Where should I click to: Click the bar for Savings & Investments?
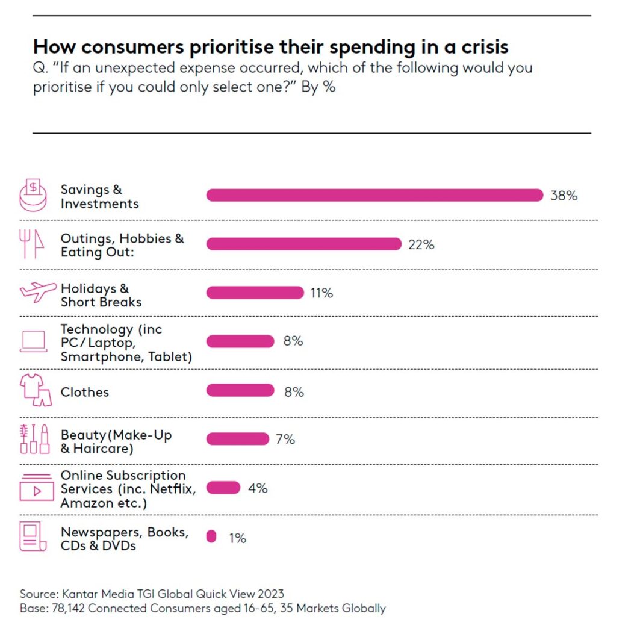(x=375, y=195)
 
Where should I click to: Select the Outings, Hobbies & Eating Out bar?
(x=304, y=244)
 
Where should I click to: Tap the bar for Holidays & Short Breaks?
(x=255, y=293)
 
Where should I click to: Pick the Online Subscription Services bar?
(x=223, y=488)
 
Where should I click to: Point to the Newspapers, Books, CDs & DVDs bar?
(x=211, y=536)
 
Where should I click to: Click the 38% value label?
(x=564, y=196)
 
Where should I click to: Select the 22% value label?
(x=421, y=244)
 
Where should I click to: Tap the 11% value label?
(x=321, y=293)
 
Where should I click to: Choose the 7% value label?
(x=285, y=439)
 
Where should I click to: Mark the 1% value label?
(x=237, y=538)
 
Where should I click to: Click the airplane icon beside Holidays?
(x=38, y=291)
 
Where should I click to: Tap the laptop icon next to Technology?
(x=34, y=341)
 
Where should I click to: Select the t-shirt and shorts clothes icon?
(x=36, y=390)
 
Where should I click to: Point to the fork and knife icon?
(x=31, y=244)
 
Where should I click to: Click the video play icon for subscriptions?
(x=37, y=487)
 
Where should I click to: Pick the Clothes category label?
(x=85, y=392)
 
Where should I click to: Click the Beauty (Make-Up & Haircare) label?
(x=116, y=442)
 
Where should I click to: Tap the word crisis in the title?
(x=485, y=47)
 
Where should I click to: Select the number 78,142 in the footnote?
(x=68, y=608)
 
